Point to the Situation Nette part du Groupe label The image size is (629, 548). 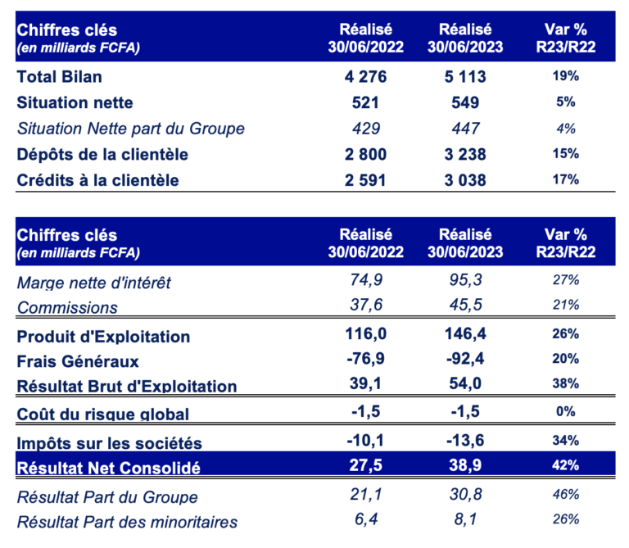(x=131, y=129)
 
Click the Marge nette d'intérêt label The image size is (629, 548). (x=94, y=283)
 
